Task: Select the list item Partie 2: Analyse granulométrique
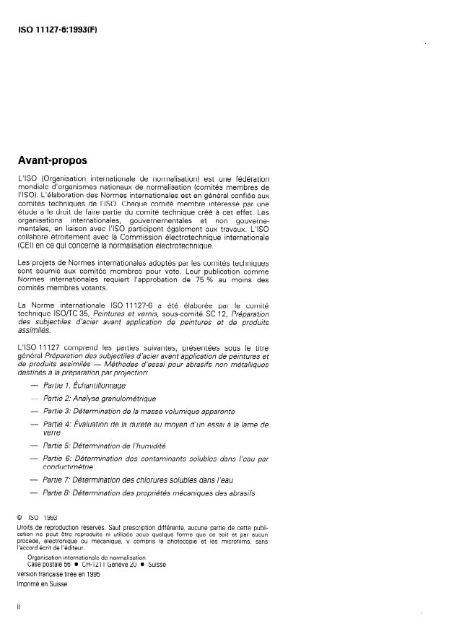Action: [x=99, y=398]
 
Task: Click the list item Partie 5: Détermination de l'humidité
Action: [x=105, y=446]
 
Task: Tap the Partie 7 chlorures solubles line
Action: [x=138, y=479]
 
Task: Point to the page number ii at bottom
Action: [x=18, y=607]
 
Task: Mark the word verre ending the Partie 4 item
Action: [x=52, y=433]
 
